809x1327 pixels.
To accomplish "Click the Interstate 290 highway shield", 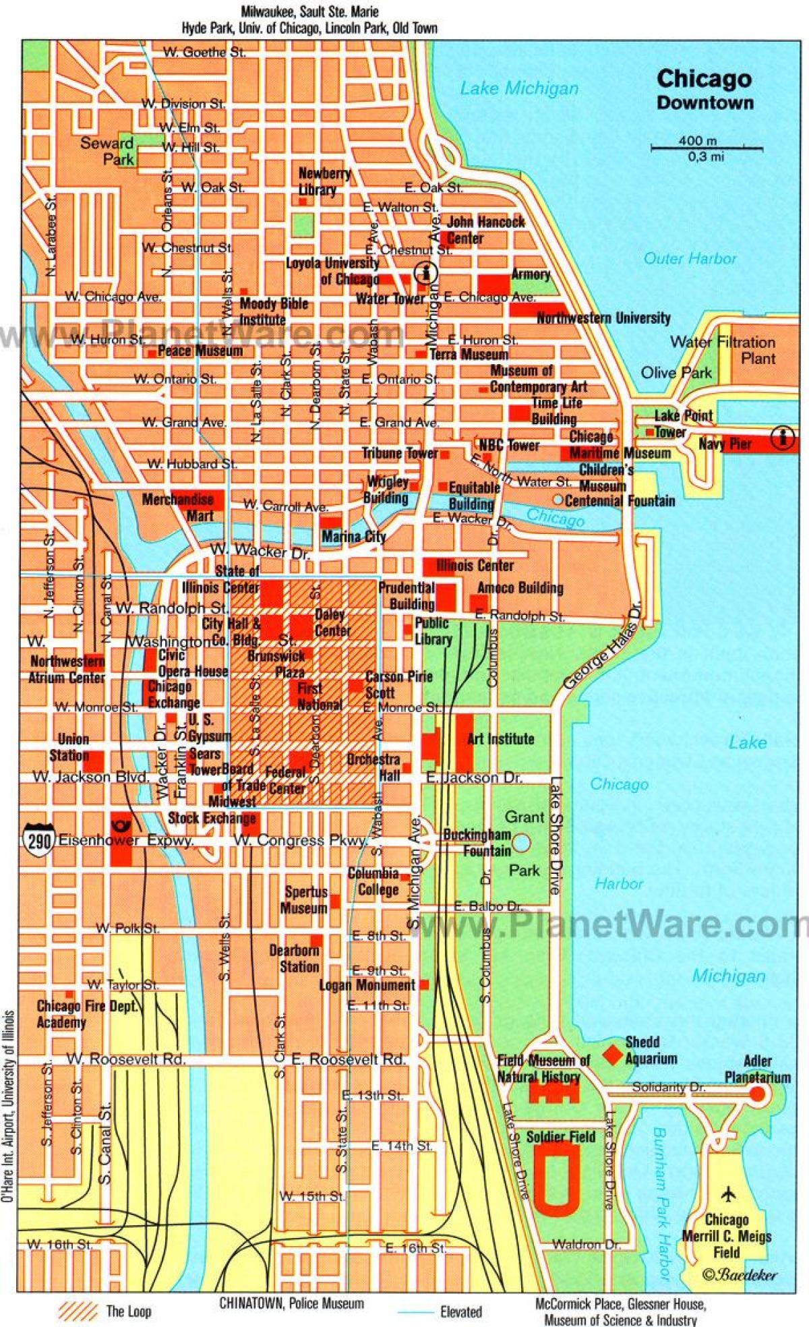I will point(37,839).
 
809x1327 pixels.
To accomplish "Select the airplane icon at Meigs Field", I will point(728,1194).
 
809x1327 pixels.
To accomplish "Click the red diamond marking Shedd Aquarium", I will point(612,1055).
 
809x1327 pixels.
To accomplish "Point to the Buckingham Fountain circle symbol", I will point(521,842).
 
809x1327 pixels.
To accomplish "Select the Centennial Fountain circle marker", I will point(558,500).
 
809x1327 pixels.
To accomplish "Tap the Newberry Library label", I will point(325,181).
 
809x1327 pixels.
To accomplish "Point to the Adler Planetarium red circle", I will point(758,1094).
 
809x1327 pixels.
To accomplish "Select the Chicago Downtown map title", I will point(705,88).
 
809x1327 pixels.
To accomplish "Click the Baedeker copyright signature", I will point(740,1274).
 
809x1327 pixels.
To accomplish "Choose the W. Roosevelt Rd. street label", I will point(125,1059).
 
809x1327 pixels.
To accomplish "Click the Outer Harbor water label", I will point(690,258).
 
